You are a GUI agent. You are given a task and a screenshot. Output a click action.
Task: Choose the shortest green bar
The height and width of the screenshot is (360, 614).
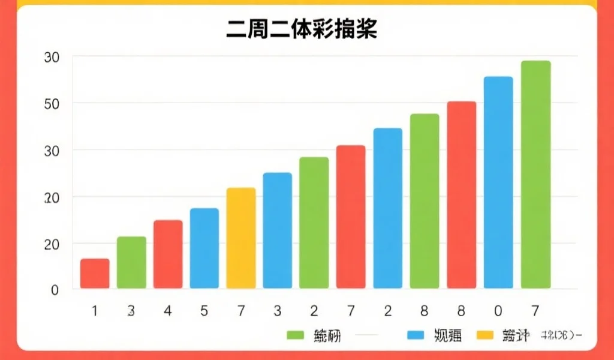[x=131, y=262]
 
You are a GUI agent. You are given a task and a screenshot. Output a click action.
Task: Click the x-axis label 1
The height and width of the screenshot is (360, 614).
[x=95, y=311]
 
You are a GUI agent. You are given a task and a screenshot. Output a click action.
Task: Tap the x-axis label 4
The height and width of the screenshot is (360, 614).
[x=168, y=311]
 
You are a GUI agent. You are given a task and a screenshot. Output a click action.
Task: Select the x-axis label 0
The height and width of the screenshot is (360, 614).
[x=498, y=311]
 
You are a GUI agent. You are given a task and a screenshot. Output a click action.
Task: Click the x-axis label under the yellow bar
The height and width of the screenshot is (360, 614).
[x=241, y=311]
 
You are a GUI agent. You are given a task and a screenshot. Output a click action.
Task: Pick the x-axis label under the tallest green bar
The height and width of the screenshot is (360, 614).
[x=535, y=311]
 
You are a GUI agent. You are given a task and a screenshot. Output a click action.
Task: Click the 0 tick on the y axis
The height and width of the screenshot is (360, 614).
[x=55, y=290]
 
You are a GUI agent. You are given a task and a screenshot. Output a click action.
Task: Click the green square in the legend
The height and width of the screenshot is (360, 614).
[x=296, y=335]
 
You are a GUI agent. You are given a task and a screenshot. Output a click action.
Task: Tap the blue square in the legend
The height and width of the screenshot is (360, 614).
[x=416, y=335]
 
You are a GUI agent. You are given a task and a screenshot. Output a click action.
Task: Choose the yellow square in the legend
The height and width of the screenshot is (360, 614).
[x=484, y=335]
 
